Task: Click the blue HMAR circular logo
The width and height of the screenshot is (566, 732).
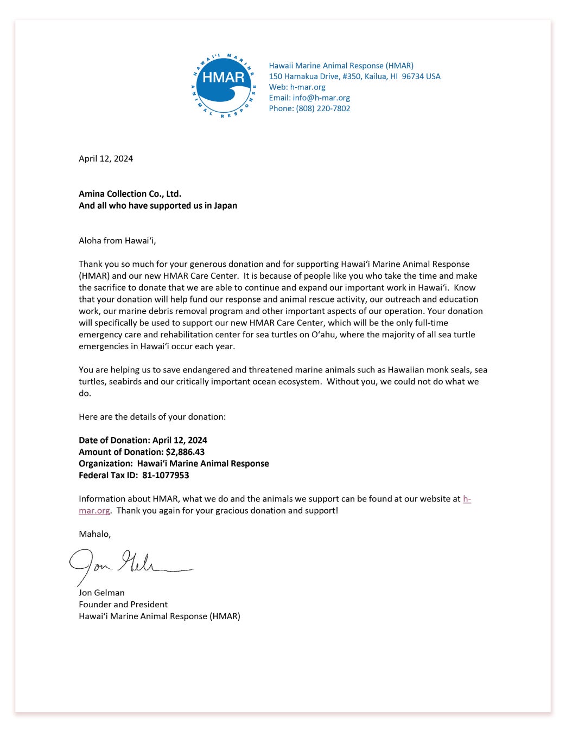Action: (x=224, y=85)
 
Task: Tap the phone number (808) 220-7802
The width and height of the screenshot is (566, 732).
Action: (x=323, y=108)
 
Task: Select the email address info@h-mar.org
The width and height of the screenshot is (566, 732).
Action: (x=321, y=98)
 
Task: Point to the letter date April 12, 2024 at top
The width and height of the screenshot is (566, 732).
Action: (x=106, y=158)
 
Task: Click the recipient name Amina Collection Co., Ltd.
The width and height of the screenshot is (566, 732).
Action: (x=130, y=194)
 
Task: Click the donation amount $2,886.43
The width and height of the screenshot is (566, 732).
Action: (x=185, y=452)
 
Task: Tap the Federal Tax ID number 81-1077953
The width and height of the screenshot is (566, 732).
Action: (x=166, y=475)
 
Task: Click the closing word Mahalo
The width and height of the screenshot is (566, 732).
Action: (x=94, y=534)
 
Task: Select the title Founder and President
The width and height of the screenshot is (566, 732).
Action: (x=123, y=604)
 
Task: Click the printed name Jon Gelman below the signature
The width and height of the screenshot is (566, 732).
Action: (x=101, y=593)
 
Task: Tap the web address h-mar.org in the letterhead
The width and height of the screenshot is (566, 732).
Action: (x=308, y=87)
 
